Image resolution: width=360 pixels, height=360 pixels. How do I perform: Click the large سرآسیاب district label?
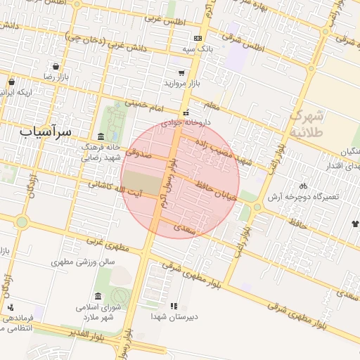(46, 131)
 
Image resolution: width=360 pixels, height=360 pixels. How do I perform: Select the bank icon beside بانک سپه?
(198, 38)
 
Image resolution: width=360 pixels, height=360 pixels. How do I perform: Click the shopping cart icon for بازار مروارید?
(182, 72)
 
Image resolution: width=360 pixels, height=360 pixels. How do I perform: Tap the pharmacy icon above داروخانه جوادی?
(186, 112)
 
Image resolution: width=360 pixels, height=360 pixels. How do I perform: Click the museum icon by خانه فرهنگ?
(101, 136)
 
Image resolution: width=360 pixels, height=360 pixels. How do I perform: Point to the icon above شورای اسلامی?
(97, 296)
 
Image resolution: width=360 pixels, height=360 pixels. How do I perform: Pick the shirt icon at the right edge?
(355, 224)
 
